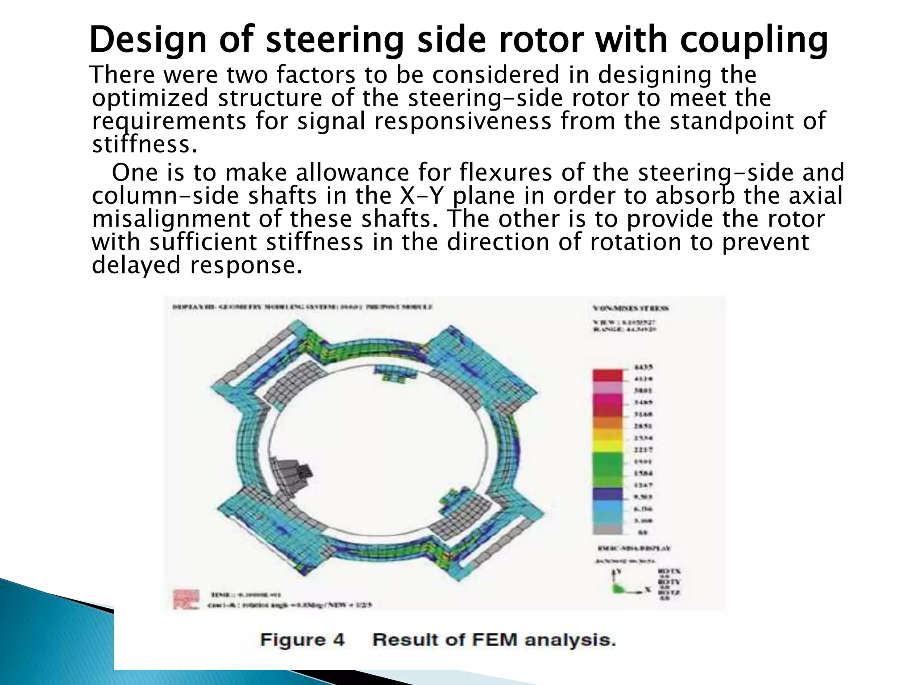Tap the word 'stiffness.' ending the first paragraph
(x=144, y=145)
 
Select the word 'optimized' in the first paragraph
(x=150, y=99)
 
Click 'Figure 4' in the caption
(x=303, y=640)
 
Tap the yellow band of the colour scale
(x=607, y=446)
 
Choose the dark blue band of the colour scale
(x=607, y=494)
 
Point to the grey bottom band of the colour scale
(x=607, y=529)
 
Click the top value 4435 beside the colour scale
(x=643, y=367)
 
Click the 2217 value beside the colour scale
(x=643, y=450)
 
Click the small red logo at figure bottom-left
(x=186, y=598)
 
